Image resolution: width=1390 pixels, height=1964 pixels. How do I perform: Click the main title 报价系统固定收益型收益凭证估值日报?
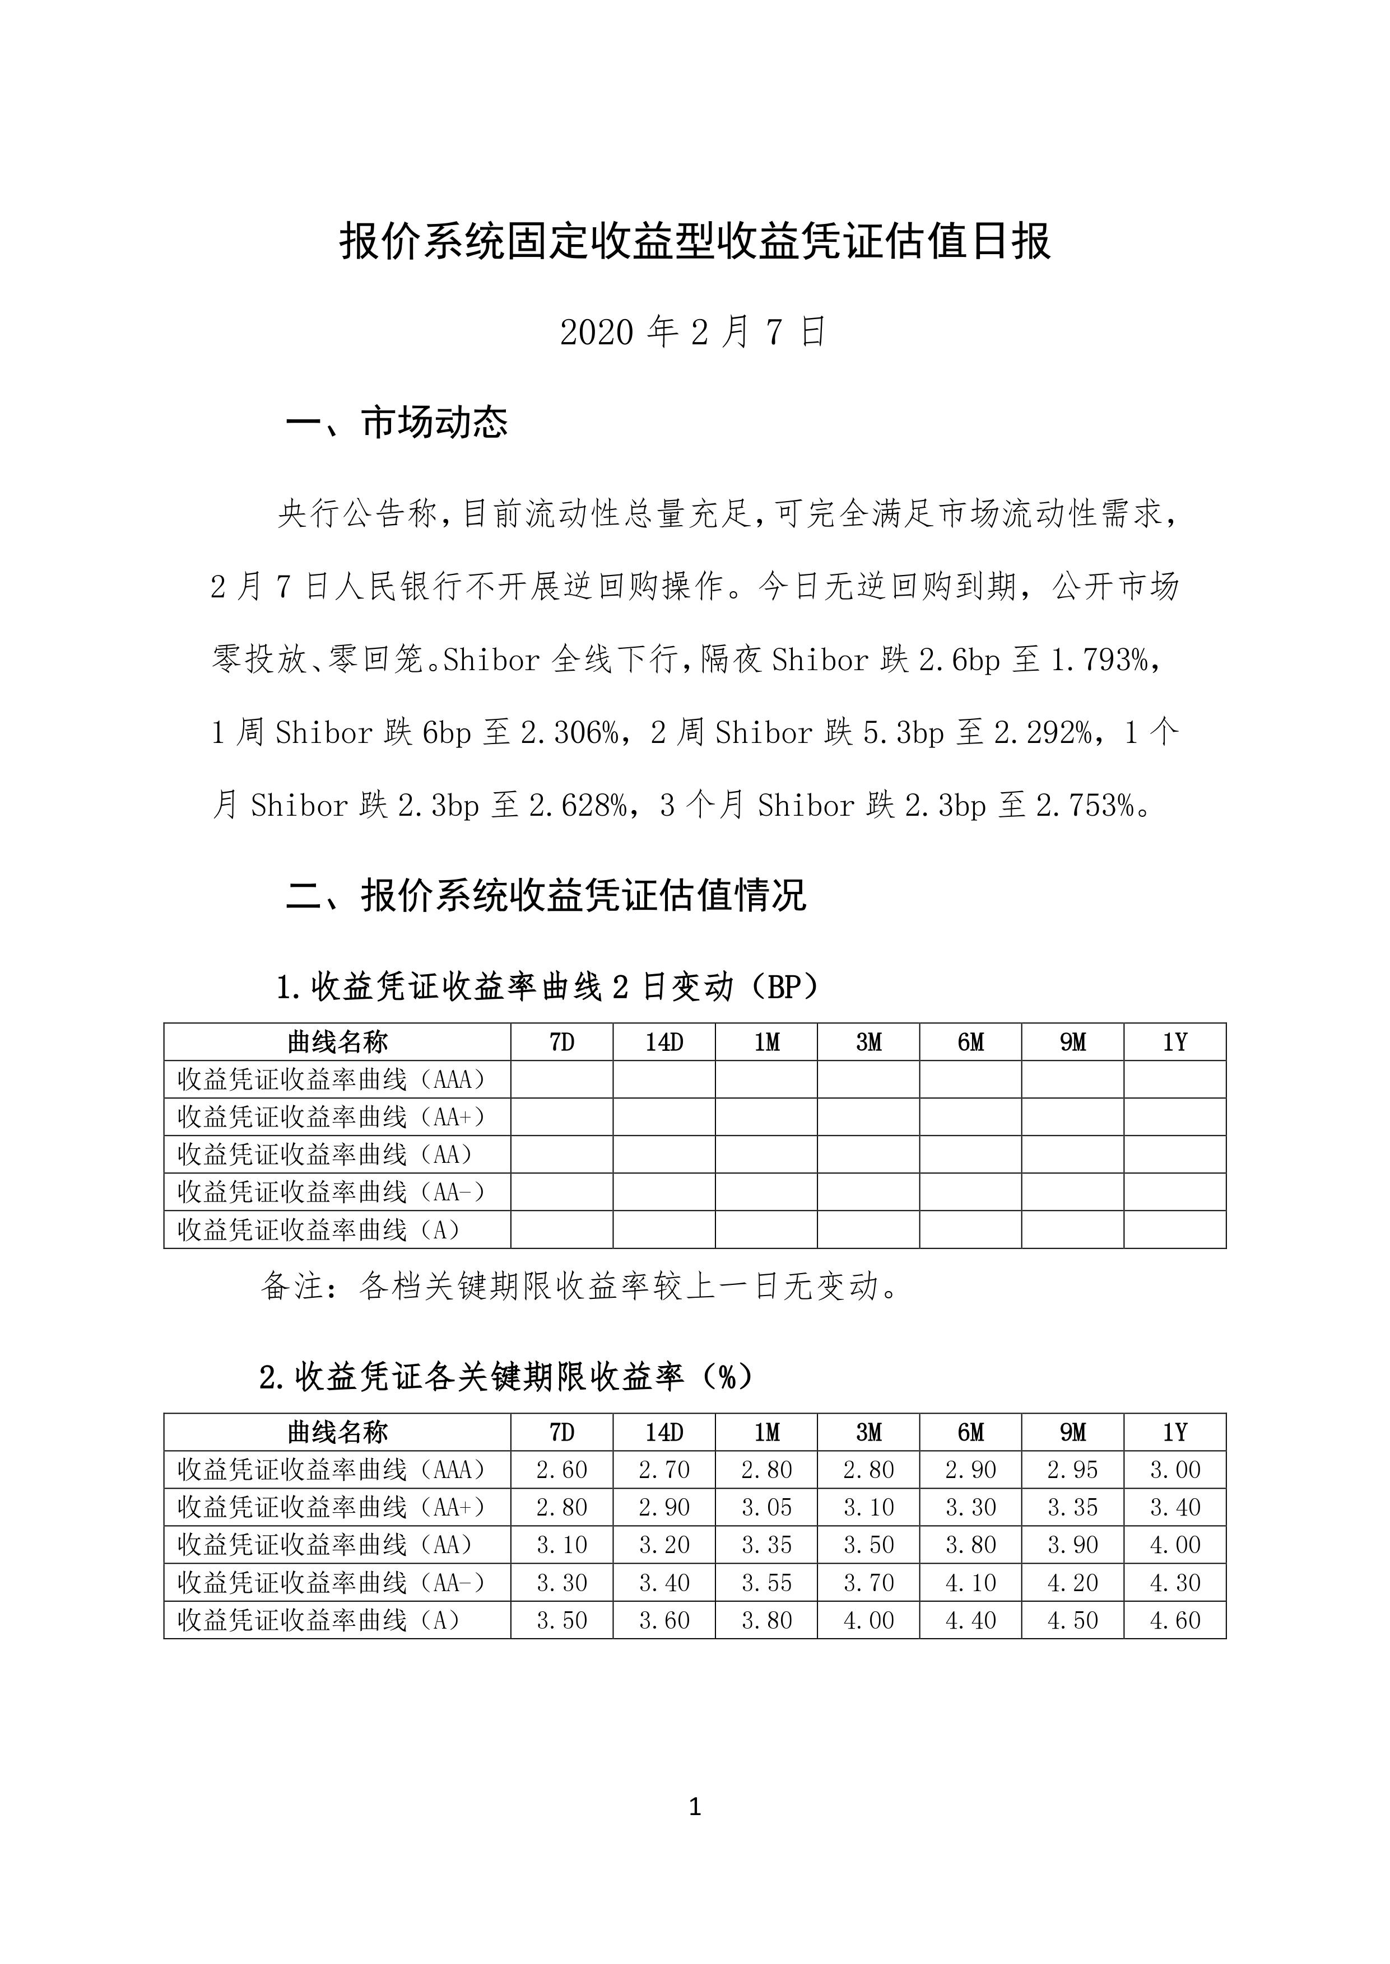pos(694,242)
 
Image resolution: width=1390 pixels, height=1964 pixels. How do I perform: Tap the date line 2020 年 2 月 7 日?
pos(692,332)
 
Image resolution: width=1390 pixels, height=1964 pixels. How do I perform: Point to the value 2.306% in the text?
pos(568,733)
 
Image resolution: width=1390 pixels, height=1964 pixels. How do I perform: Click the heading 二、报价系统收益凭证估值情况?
pos(545,896)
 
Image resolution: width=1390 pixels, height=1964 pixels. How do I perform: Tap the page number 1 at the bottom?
pos(694,1807)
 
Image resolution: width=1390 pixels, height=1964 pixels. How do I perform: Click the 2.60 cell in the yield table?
pos(561,1470)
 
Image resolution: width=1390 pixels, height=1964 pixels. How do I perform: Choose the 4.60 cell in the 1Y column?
pos(1174,1620)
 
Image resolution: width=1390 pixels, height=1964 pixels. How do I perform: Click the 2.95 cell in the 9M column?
pos(1072,1470)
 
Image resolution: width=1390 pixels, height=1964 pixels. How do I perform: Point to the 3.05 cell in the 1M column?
pos(766,1507)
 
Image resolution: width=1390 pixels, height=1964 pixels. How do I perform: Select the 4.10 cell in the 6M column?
pos(970,1583)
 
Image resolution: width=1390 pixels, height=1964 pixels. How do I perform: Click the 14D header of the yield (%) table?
pos(664,1432)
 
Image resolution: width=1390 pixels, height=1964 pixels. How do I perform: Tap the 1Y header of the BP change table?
pos(1174,1042)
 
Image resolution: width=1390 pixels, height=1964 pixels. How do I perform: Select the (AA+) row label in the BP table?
pos(331,1117)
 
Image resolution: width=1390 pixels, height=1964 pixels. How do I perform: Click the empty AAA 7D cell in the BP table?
pos(561,1079)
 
